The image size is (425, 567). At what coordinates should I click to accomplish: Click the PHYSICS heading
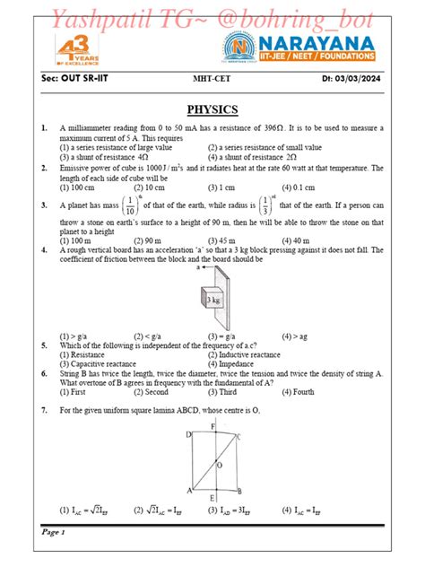click(212, 110)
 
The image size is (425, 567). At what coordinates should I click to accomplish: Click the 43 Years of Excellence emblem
click(71, 54)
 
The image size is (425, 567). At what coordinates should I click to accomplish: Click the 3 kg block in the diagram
click(212, 300)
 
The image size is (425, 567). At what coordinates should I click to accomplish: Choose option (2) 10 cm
click(149, 188)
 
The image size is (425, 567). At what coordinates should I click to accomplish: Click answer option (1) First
click(73, 392)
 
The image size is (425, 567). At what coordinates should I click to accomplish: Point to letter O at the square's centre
click(219, 465)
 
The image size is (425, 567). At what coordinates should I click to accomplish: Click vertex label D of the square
click(187, 435)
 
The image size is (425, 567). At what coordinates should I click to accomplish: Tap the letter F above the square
click(212, 425)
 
